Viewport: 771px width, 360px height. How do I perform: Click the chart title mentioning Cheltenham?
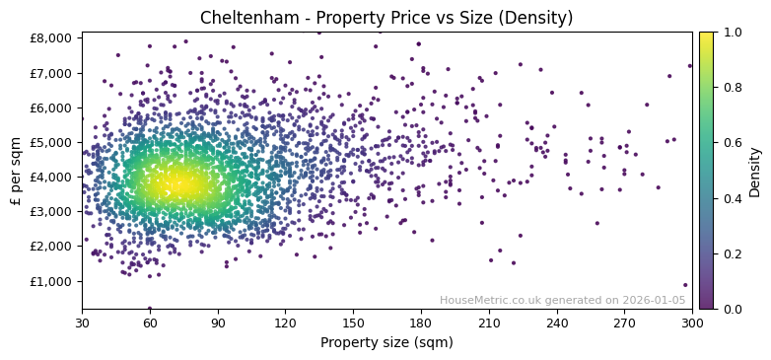tap(386, 18)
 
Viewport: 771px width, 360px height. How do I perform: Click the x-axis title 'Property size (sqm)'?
tap(386, 343)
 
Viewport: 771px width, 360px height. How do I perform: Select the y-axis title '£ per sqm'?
tap(17, 171)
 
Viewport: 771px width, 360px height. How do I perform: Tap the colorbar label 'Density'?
tap(754, 171)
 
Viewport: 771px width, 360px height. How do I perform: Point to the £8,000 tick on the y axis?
tap(52, 38)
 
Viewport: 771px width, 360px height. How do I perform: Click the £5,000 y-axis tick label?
tap(52, 142)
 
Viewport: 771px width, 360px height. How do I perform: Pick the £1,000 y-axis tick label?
tap(52, 281)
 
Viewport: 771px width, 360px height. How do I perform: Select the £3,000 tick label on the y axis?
tap(52, 212)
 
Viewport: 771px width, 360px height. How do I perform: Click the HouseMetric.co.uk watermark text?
tap(562, 301)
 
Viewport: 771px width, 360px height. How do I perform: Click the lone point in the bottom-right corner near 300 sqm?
tap(685, 285)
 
